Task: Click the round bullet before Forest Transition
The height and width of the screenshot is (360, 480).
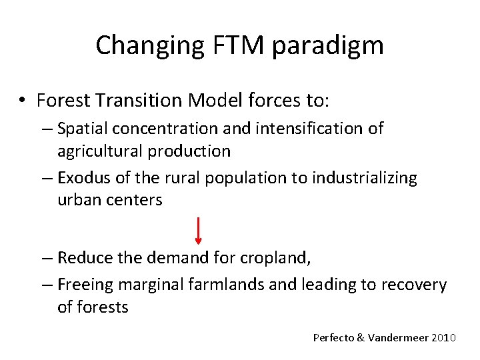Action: pos(23,101)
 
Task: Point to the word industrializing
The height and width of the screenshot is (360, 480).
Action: pos(365,178)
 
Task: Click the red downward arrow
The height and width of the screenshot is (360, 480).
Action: pos(199,231)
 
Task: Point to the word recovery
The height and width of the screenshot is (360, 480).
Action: pos(413,285)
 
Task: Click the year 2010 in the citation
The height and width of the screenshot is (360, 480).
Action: pos(444,338)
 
